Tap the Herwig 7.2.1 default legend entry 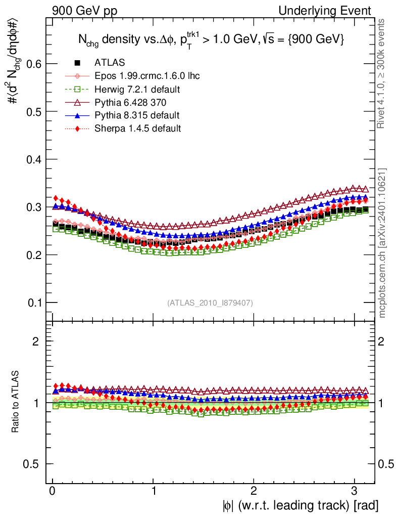point(137,89)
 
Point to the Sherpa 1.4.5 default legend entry point(137,128)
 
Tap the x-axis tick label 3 point(354,491)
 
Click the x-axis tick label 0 point(53,491)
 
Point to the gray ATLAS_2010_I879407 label point(210,303)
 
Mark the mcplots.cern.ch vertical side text point(383,243)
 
